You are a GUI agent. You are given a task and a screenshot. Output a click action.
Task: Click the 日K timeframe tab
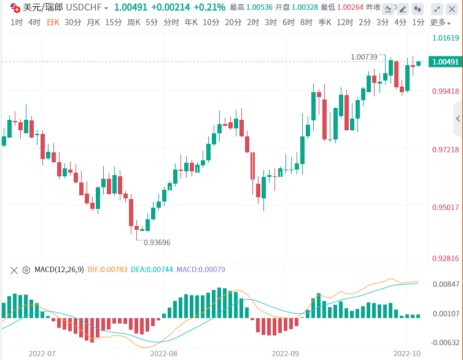(53, 23)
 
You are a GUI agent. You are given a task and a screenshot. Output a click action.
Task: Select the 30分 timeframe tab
(72, 23)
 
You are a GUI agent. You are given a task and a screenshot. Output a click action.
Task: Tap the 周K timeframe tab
(134, 23)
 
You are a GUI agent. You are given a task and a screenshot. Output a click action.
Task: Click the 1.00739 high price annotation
(364, 57)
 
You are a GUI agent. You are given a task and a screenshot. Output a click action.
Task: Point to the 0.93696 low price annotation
(157, 242)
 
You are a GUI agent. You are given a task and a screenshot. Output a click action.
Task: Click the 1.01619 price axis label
(446, 37)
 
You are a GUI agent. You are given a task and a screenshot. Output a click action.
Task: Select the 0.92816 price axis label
(446, 259)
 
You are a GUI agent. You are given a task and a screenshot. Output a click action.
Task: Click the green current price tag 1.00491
(445, 62)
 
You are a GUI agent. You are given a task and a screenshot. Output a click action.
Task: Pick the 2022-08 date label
(163, 353)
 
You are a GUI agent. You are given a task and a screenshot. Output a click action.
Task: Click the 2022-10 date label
(406, 353)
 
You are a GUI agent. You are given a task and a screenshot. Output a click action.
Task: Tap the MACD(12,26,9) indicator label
(59, 270)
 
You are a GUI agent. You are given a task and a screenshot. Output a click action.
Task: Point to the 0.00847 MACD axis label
(446, 284)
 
